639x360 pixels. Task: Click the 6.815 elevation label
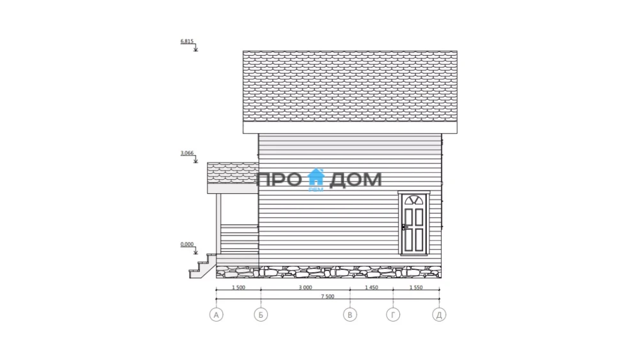click(x=187, y=41)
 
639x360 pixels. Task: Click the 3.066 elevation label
click(x=187, y=153)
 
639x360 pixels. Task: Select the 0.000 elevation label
click(x=187, y=244)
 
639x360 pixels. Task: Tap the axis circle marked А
click(x=217, y=315)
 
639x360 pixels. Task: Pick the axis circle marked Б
click(x=261, y=315)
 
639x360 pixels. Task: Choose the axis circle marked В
click(x=350, y=315)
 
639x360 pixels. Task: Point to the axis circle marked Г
click(x=393, y=315)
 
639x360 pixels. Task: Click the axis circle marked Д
click(x=439, y=315)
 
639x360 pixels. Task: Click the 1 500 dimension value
click(x=238, y=288)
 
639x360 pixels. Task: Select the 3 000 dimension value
click(x=305, y=288)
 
